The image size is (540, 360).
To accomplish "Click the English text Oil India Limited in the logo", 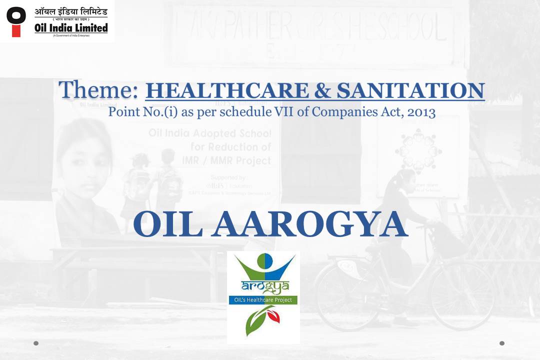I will coord(71,28).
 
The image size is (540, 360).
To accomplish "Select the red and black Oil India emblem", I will coord(16,21).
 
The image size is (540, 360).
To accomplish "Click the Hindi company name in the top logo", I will coord(71,11).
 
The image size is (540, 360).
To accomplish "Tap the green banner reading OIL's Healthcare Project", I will coord(263,300).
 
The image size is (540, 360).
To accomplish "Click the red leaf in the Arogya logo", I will coord(272,314).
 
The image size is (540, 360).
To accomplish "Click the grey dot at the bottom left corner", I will coord(36,343).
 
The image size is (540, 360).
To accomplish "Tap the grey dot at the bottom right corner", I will coord(502,343).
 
